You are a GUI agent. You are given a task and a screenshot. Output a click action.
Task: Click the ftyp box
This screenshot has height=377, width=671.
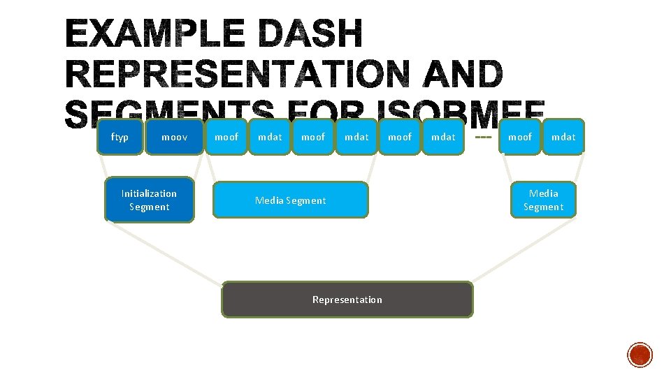click(x=120, y=137)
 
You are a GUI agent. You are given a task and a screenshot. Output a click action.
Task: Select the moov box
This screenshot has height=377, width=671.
click(x=174, y=137)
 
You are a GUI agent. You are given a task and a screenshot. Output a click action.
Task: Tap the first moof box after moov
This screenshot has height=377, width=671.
click(x=226, y=137)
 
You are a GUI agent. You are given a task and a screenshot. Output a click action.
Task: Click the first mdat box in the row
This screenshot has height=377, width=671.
click(x=270, y=137)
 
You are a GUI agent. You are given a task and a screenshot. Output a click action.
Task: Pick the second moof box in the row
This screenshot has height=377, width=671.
click(x=313, y=137)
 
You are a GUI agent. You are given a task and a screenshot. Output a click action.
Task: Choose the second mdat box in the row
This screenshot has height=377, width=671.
click(x=356, y=137)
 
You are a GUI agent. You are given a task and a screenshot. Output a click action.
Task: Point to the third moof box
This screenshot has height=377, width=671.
click(x=400, y=137)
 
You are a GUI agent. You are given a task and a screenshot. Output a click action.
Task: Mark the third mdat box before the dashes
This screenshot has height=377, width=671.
click(x=443, y=137)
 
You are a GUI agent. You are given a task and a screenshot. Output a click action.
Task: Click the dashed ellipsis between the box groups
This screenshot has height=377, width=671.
click(x=482, y=137)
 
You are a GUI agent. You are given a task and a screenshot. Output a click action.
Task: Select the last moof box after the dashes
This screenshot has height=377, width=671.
click(x=520, y=137)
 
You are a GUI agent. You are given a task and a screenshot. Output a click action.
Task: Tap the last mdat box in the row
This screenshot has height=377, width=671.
click(x=563, y=137)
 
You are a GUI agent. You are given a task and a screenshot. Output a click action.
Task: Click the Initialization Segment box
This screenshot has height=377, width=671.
click(x=149, y=200)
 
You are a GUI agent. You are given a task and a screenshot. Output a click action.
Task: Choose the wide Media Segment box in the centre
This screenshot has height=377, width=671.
click(x=290, y=200)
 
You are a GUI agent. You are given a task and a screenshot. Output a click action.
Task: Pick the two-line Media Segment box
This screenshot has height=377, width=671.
click(x=543, y=200)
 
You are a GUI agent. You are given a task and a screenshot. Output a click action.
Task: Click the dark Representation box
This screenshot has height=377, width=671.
click(x=347, y=300)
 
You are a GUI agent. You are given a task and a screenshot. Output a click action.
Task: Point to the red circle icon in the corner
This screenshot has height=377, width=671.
click(x=640, y=355)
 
